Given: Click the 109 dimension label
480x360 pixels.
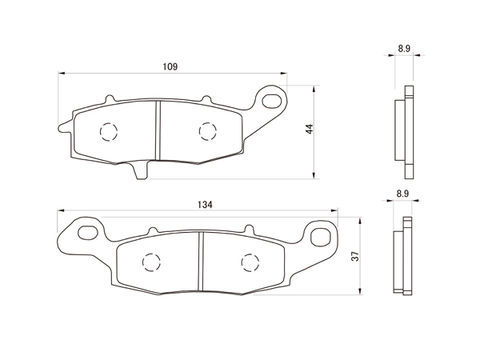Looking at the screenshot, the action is coord(170,67).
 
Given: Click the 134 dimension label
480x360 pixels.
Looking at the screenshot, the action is coord(205,205).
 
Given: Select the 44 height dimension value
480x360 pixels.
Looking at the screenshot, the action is coord(310,129).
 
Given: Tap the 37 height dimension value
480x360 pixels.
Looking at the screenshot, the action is coord(356,256).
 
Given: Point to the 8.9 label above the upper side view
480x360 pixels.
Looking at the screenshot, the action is coord(404,49).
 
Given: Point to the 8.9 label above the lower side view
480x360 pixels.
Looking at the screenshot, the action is coord(403,194).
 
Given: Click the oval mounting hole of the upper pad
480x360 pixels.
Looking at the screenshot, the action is coord(271,100).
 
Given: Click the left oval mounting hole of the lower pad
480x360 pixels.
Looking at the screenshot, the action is coord(88,232).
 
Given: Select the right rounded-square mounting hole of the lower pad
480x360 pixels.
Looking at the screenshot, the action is coord(320,237).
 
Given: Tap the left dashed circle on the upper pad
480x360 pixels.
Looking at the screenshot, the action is coord(109,132).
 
